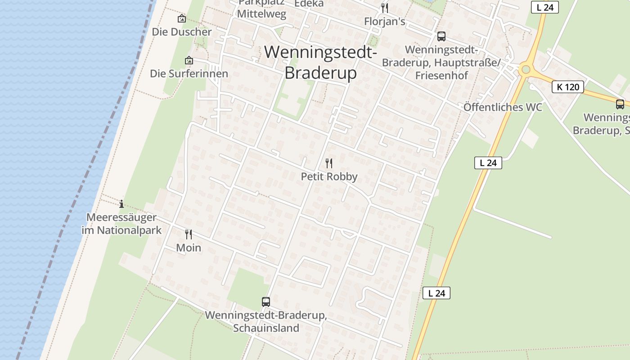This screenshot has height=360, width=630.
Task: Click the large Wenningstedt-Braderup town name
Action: [320, 63]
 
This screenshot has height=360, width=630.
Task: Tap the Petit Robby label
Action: [329, 176]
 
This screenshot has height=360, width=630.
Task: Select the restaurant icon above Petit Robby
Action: [329, 163]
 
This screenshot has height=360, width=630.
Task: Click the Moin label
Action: [189, 247]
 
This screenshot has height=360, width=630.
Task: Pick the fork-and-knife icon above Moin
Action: [189, 234]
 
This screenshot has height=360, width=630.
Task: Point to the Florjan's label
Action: [385, 22]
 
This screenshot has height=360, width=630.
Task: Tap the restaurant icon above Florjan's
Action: [385, 8]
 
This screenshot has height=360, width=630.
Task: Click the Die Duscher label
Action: [182, 32]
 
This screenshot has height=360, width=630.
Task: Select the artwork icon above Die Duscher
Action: [182, 18]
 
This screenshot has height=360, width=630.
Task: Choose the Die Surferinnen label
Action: [189, 73]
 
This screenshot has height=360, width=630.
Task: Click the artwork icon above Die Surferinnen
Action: [189, 60]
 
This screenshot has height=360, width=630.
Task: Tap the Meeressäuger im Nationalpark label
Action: [121, 224]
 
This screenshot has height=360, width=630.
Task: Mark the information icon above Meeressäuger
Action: [121, 204]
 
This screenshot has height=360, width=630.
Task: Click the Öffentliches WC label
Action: [503, 107]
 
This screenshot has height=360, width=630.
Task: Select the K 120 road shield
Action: [567, 87]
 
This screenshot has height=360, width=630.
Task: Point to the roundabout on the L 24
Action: [525, 70]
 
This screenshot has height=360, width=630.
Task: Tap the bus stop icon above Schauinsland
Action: [266, 301]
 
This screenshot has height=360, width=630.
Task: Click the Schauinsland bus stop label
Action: [266, 321]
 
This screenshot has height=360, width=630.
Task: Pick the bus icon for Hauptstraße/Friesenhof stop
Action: [441, 36]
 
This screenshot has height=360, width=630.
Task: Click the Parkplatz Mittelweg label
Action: [261, 9]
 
